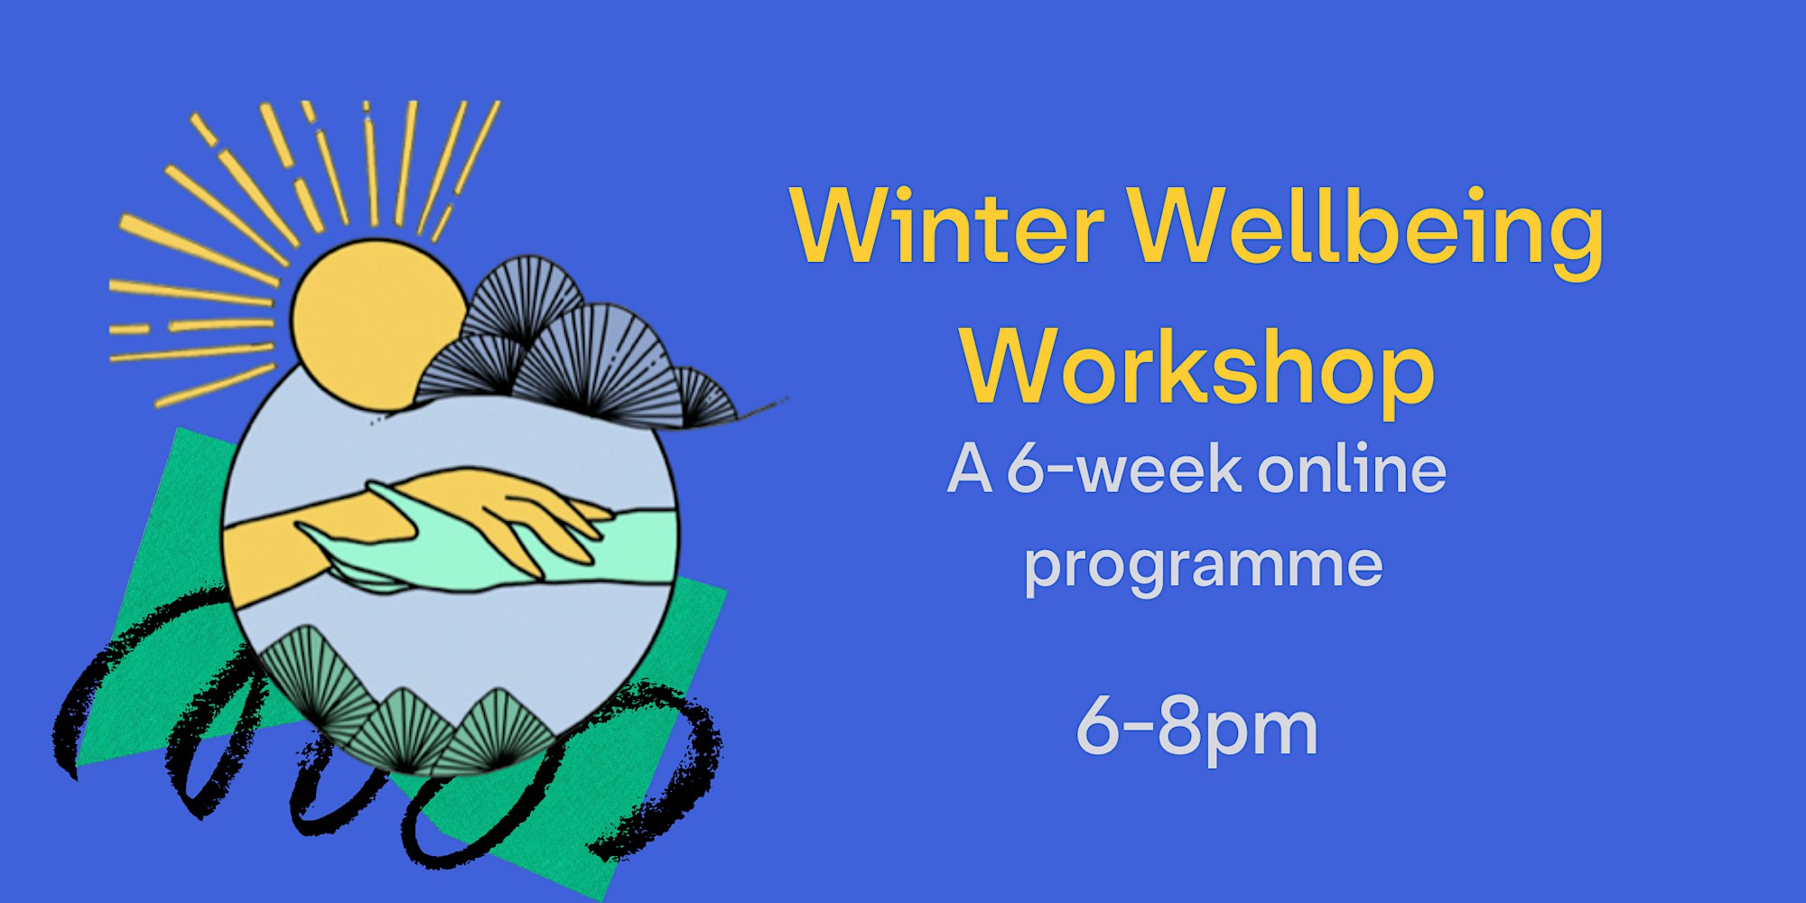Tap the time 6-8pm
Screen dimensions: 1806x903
coord(1197,730)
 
